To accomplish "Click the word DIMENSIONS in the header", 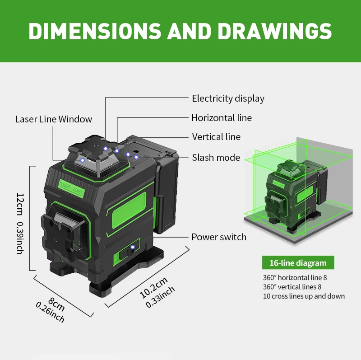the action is point(95,31).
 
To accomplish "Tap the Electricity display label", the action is point(228,98).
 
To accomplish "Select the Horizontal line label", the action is point(222,118).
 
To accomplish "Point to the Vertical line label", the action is point(216,137).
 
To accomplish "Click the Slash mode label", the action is point(216,158).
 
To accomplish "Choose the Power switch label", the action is point(219,237).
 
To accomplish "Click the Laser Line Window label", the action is point(53,119).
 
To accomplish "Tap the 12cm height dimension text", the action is point(20,204).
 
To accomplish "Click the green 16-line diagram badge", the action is point(298,262).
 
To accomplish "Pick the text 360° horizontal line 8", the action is point(295,277).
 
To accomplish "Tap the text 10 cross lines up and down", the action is point(304,296).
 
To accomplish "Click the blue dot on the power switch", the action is point(132,247).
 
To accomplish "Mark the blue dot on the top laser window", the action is point(83,160).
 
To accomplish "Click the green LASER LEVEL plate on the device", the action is point(72,187).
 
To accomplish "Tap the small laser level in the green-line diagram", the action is point(296,196).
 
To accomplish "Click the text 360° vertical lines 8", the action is point(292,287).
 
